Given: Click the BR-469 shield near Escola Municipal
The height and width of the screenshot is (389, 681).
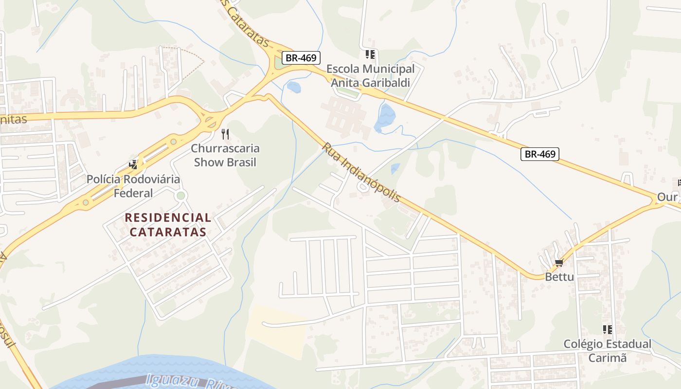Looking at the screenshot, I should (301, 58).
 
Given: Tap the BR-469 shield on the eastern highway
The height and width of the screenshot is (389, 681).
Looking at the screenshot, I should (540, 154).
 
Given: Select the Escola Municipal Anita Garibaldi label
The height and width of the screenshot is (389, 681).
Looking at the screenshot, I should (371, 76).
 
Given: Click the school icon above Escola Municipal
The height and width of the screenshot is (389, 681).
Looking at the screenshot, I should (370, 54).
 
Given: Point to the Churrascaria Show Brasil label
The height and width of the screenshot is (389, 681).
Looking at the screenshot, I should (225, 155).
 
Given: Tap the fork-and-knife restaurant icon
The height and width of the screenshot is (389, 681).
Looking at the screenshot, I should (225, 134).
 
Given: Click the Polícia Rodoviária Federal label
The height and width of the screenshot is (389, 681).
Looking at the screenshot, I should (133, 186).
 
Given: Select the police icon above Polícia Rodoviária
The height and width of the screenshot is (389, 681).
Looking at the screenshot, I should (133, 164).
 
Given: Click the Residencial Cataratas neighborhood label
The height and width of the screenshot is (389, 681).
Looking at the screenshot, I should (168, 224).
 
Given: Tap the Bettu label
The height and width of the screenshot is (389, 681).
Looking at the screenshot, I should (559, 277).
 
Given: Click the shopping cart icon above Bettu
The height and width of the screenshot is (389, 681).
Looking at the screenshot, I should (559, 263).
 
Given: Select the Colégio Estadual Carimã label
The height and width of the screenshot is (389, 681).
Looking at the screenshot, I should (607, 351).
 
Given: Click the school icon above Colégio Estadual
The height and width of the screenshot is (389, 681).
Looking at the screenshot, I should (607, 330).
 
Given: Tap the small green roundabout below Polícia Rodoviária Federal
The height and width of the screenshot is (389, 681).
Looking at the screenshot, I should (181, 195).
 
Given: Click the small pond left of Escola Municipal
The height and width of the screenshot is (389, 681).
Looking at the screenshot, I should (293, 87).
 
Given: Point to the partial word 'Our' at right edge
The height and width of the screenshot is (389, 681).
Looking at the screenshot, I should (667, 197).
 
